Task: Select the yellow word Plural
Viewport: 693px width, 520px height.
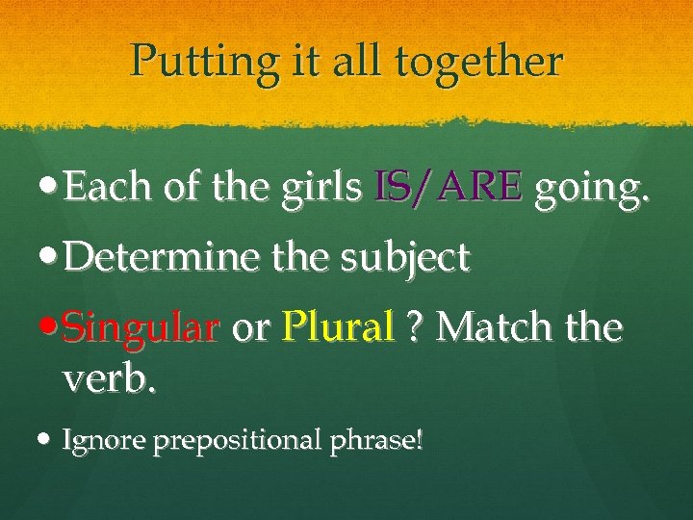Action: coord(338,329)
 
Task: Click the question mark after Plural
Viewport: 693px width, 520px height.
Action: coord(417,329)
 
